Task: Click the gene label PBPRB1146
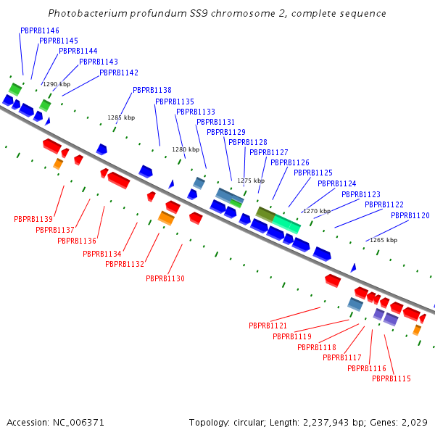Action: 40,31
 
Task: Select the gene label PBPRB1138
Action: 152,91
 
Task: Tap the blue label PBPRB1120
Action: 410,216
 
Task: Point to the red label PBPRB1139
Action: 33,219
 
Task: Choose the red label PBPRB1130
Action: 165,278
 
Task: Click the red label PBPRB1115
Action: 391,379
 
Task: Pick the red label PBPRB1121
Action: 268,326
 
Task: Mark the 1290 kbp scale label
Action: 57,84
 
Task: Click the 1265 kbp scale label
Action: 384,240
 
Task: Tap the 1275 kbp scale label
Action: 251,181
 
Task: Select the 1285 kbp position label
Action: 121,117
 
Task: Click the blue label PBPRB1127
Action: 269,153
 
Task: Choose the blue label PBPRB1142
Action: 119,73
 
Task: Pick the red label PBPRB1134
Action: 102,254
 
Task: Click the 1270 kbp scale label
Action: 317,211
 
